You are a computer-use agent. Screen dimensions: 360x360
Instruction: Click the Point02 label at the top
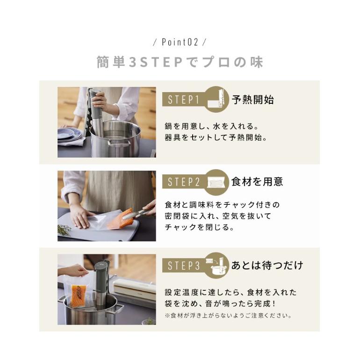coord(180,42)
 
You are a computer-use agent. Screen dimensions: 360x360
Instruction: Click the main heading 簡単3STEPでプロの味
coord(180,62)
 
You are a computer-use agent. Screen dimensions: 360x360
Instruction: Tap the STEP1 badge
coord(184,99)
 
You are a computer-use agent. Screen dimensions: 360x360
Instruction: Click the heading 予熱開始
coord(252,100)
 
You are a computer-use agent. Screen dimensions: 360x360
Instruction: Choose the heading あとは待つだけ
coord(267,266)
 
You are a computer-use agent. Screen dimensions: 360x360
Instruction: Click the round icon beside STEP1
coord(216,99)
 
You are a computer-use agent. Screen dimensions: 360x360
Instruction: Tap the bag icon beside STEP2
coord(216,182)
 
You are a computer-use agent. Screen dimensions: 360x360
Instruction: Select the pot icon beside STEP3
coord(216,265)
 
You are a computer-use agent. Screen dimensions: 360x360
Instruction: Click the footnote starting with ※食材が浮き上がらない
coord(228,315)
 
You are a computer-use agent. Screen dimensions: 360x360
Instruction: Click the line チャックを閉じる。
coord(199,228)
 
